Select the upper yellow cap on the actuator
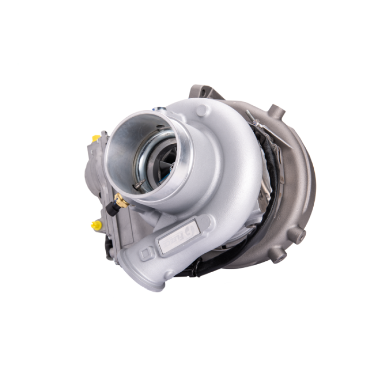96,138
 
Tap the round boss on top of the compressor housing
203,110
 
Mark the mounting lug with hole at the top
201,91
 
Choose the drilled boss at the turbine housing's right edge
297,234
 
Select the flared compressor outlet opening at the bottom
142,279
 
